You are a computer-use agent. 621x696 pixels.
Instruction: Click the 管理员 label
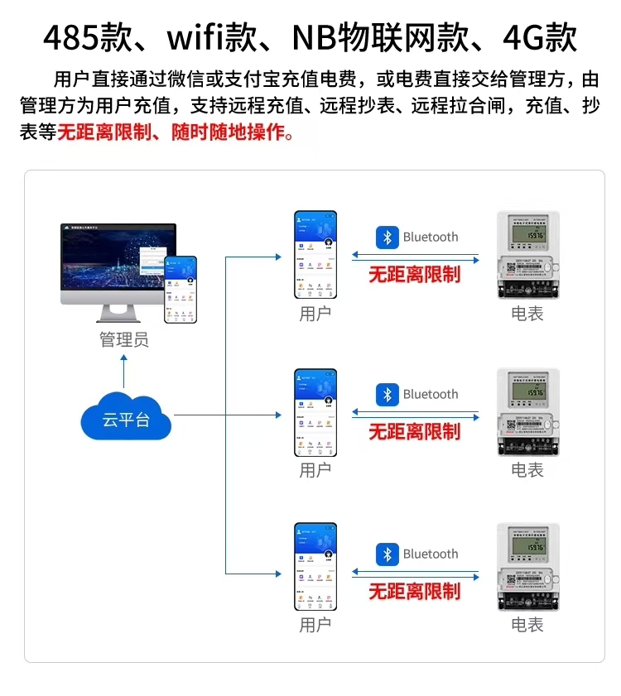(x=124, y=339)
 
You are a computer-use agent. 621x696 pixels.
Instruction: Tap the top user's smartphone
(x=315, y=255)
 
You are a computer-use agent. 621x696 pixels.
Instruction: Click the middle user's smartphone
(x=315, y=413)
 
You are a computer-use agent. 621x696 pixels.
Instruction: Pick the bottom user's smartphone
(x=315, y=567)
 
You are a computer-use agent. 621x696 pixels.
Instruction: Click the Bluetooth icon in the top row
(x=387, y=238)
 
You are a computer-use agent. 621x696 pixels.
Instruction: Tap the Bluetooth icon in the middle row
(x=387, y=395)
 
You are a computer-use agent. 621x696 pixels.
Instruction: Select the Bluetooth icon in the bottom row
(x=387, y=554)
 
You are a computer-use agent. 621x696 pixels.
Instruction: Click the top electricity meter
(x=527, y=254)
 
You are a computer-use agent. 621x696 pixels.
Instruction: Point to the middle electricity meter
(x=527, y=411)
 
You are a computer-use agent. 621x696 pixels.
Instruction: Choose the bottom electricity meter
(x=527, y=567)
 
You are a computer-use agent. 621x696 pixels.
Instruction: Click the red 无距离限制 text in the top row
(x=414, y=275)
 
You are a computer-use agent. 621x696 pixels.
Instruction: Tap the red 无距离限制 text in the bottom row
(x=414, y=591)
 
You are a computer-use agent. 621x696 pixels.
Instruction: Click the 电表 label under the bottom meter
(x=527, y=626)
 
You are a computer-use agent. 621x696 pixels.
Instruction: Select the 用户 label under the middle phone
(x=315, y=471)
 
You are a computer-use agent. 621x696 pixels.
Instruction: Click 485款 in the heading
(x=84, y=38)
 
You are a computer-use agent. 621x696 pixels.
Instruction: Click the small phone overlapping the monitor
(x=181, y=288)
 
